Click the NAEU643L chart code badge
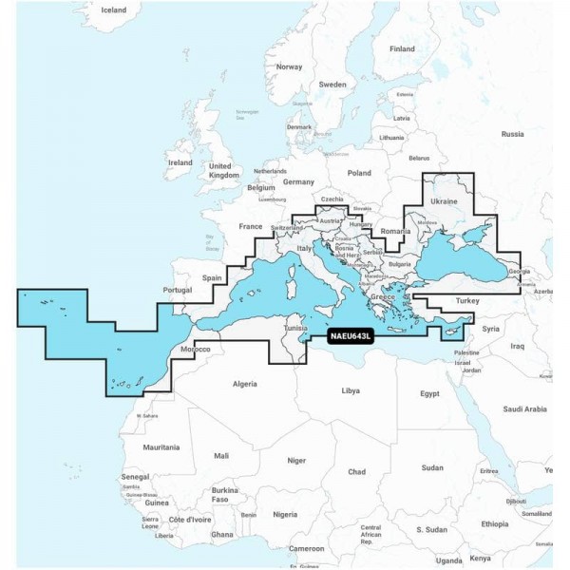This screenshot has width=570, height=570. pos(352,335)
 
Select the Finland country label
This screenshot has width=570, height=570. pos(402,48)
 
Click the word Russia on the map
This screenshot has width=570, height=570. pos(512,134)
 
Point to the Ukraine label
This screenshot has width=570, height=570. pos(445,201)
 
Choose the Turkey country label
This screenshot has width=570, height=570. pos(469,300)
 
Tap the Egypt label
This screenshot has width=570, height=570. pos(431,392)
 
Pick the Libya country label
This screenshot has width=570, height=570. pos(351,390)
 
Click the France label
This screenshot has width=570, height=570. pos(250,227)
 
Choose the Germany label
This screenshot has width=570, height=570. pos(298,181)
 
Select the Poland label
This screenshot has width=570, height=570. pos(359,173)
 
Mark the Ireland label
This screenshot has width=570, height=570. pos(180,162)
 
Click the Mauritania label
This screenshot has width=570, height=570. pos(161,446)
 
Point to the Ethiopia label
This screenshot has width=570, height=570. pos(494,523)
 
